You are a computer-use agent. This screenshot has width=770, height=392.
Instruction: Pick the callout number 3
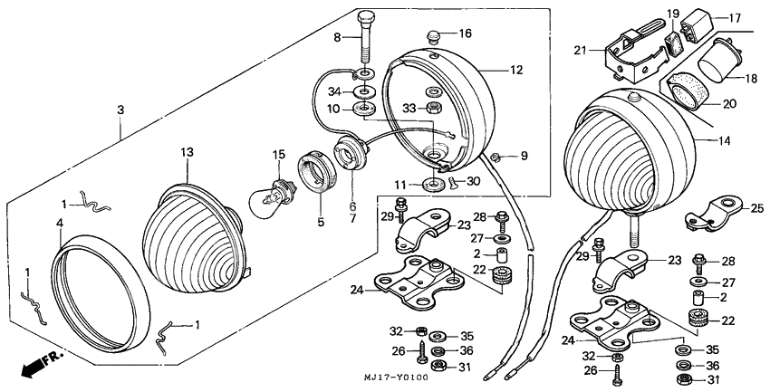point(120,109)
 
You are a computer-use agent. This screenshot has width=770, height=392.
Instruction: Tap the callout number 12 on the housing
point(515,69)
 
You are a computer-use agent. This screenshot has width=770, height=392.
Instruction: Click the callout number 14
point(726,141)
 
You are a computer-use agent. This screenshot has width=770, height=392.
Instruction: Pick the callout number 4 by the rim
point(61,222)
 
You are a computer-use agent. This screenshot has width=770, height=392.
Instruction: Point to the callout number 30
point(472,180)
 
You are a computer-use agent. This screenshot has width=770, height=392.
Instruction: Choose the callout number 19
point(674,14)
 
